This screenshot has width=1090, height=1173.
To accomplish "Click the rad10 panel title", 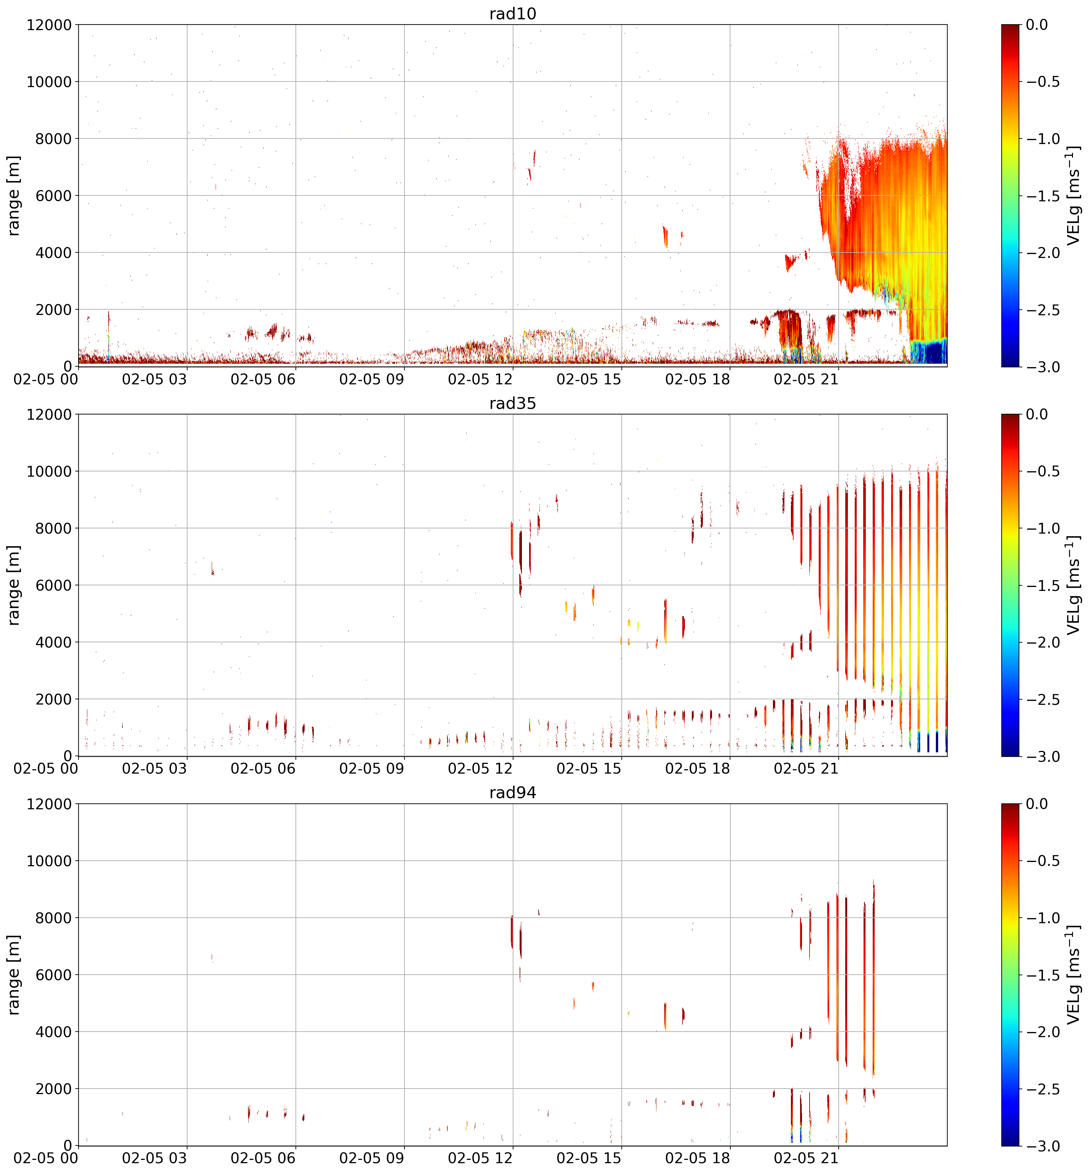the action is click(512, 13).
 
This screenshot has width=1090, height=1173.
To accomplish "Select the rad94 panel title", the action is click(512, 793).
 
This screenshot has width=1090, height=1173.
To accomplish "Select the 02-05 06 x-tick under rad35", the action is click(263, 768).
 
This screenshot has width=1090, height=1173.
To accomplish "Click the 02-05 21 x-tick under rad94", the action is click(806, 1158).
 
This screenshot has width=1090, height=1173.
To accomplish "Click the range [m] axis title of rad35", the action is click(13, 585).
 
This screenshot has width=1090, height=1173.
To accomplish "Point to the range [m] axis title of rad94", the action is click(13, 975).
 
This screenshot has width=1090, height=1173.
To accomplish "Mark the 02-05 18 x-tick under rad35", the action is click(698, 768).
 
